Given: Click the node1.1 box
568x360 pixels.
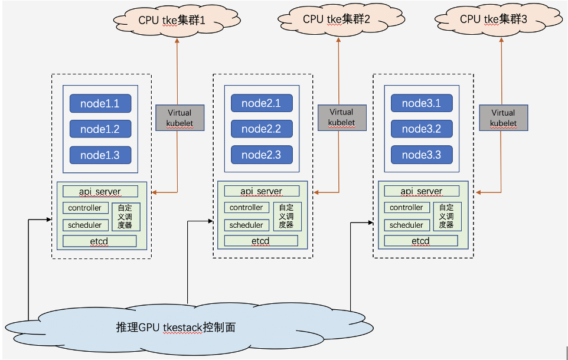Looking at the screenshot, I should click(100, 104).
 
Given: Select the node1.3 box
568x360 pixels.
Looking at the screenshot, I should click(100, 155).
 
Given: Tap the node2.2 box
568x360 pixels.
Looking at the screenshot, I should click(262, 129).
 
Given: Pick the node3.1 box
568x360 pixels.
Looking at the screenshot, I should click(422, 103).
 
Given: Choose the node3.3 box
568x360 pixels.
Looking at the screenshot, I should click(422, 155).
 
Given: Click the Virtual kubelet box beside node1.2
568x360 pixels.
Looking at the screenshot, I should click(179, 118).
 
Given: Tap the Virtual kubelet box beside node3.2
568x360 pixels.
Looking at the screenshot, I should click(503, 118).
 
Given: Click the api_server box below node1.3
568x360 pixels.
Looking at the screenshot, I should click(100, 191).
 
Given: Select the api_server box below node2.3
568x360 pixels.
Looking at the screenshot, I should click(262, 191).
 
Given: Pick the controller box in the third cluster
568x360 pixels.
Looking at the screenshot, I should click(406, 208).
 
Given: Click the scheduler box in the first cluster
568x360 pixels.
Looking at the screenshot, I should click(85, 225).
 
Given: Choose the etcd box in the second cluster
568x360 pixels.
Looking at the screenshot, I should click(260, 241).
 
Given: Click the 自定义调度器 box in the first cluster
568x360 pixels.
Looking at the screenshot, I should click(126, 216).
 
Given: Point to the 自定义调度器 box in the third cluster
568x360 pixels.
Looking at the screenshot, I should click(447, 216).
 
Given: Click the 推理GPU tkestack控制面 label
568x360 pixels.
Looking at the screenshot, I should click(176, 327).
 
